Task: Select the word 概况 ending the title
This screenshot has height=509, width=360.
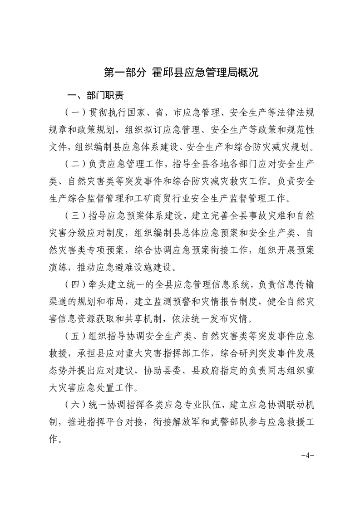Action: (x=247, y=73)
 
